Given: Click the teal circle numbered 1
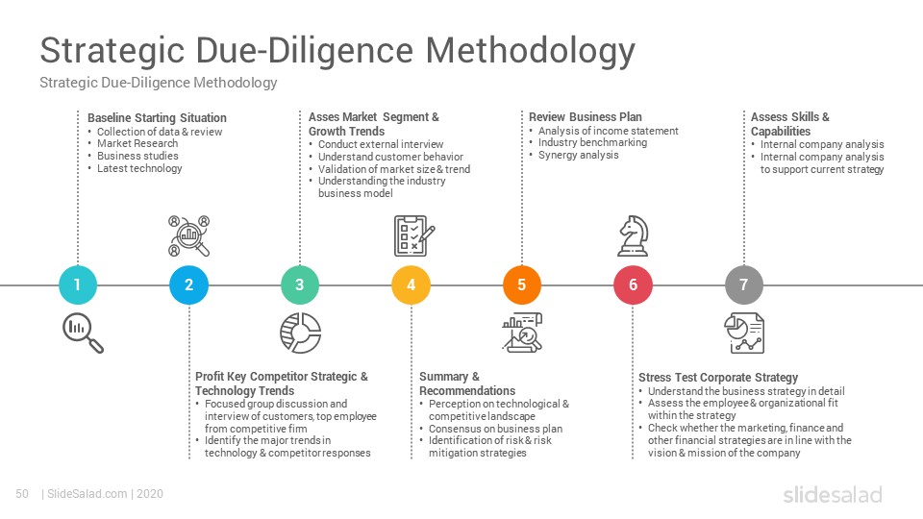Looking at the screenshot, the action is (78, 284).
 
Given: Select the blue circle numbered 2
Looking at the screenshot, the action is (189, 284).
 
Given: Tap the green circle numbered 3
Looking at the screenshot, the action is (300, 284).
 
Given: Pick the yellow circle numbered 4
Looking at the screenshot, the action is (411, 284).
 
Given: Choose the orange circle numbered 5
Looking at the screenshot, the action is (521, 284).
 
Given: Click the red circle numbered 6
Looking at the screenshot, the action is (633, 284).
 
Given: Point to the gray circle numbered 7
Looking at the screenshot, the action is (744, 284).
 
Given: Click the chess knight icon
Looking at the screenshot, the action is (633, 236).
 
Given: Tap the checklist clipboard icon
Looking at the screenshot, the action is (413, 236).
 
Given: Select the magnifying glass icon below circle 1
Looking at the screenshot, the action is (83, 334).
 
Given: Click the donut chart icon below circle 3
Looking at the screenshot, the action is (300, 334).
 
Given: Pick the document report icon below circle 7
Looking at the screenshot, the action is (744, 334).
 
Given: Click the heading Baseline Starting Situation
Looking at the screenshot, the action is (157, 117).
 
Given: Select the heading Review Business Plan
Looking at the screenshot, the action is (586, 116).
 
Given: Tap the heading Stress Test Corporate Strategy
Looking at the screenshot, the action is (718, 377).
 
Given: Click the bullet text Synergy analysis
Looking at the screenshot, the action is (579, 155).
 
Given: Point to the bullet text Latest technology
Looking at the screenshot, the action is (139, 168).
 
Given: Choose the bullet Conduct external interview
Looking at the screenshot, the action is (381, 144).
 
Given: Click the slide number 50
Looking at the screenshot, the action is (22, 494).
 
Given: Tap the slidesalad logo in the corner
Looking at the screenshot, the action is (833, 494).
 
